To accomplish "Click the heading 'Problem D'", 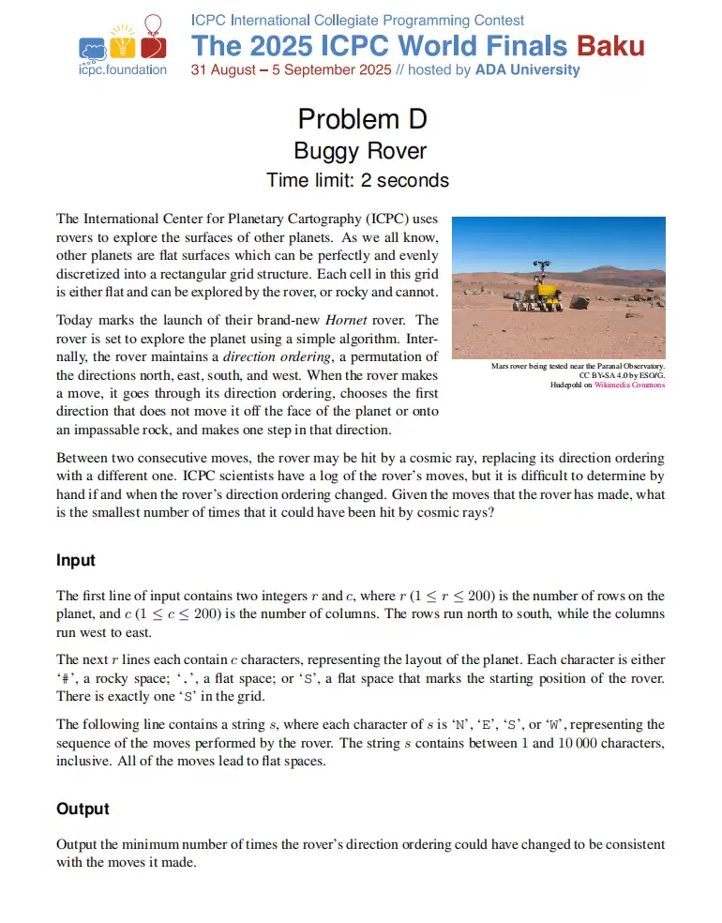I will pos(361,119).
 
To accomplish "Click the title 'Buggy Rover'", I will pos(361,150).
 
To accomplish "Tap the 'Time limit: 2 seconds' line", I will pos(357,180).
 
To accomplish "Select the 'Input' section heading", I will pos(76,560).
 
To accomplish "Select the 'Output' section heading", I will pos(83,809).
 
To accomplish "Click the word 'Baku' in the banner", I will pos(609,45).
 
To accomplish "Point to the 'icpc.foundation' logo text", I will pos(123,69).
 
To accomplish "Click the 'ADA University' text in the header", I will pos(528,69).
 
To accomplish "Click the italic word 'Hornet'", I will pos(360,321).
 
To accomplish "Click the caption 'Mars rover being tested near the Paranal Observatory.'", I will pos(578,366).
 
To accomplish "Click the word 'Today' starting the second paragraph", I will pos(74,321).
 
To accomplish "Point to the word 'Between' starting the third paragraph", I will pos(82,459).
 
